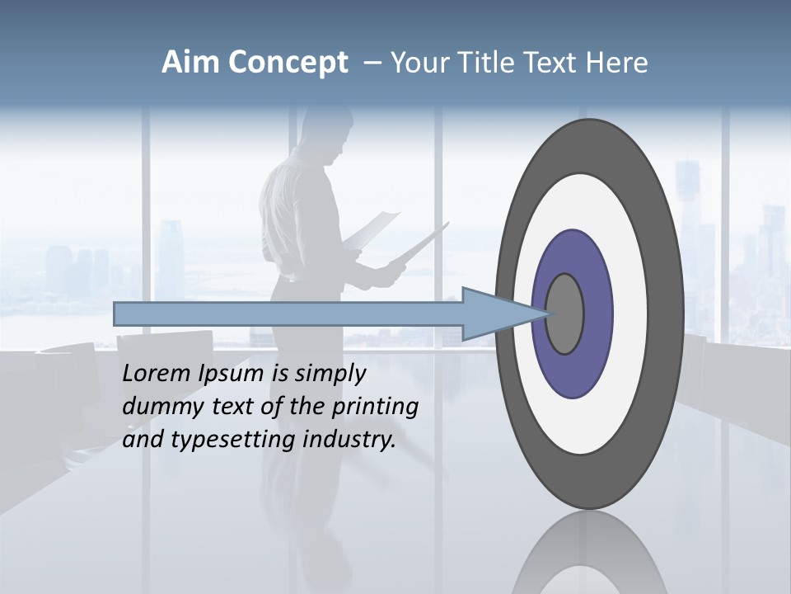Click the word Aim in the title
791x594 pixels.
190,63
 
